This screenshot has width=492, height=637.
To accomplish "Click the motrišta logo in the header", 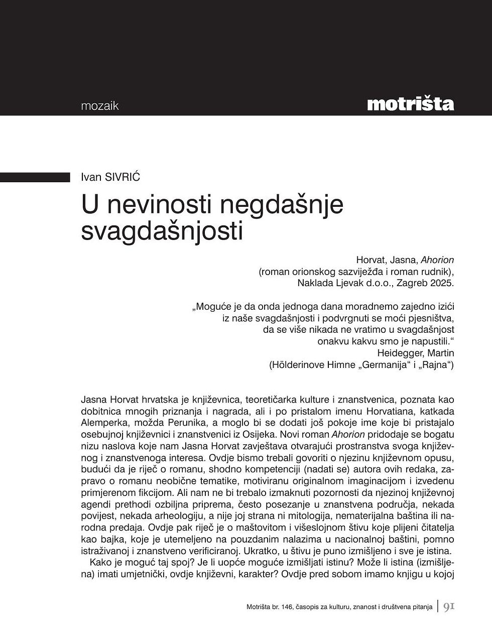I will coord(410,104).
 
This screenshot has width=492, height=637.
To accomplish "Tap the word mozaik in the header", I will coord(99,106).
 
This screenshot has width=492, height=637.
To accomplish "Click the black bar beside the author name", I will coord(35,177).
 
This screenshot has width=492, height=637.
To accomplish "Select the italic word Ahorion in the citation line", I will coord(437,260).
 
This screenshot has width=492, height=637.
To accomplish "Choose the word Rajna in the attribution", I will coord(436,365).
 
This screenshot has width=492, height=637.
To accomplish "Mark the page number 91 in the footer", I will coord(449,607).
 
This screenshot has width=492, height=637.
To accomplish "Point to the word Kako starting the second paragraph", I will coord(100,563).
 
